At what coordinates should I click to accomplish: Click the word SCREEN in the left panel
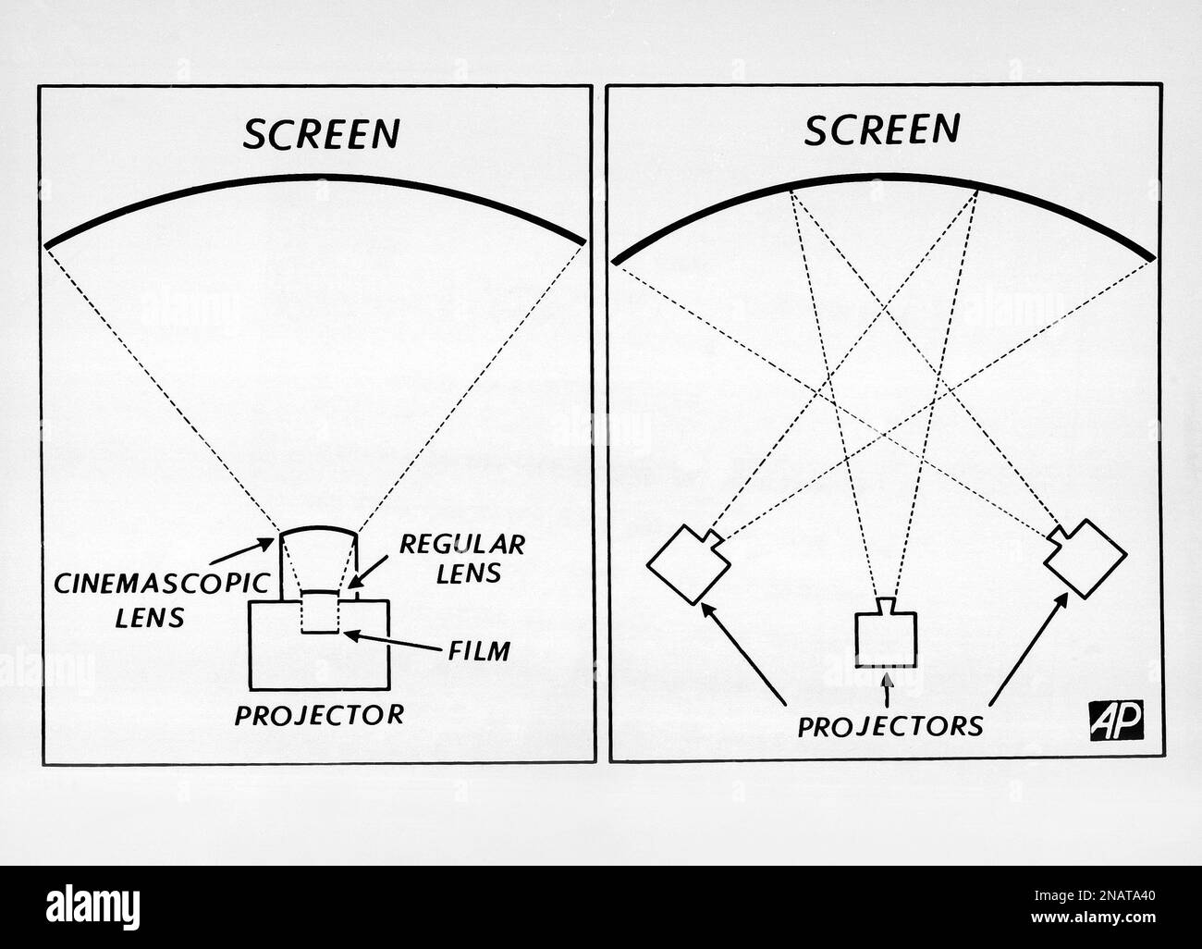[x=320, y=133]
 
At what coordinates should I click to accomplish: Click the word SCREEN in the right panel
[x=880, y=129]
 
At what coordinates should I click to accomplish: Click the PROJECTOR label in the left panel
[x=319, y=714]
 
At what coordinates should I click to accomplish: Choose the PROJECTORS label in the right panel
[x=890, y=724]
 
